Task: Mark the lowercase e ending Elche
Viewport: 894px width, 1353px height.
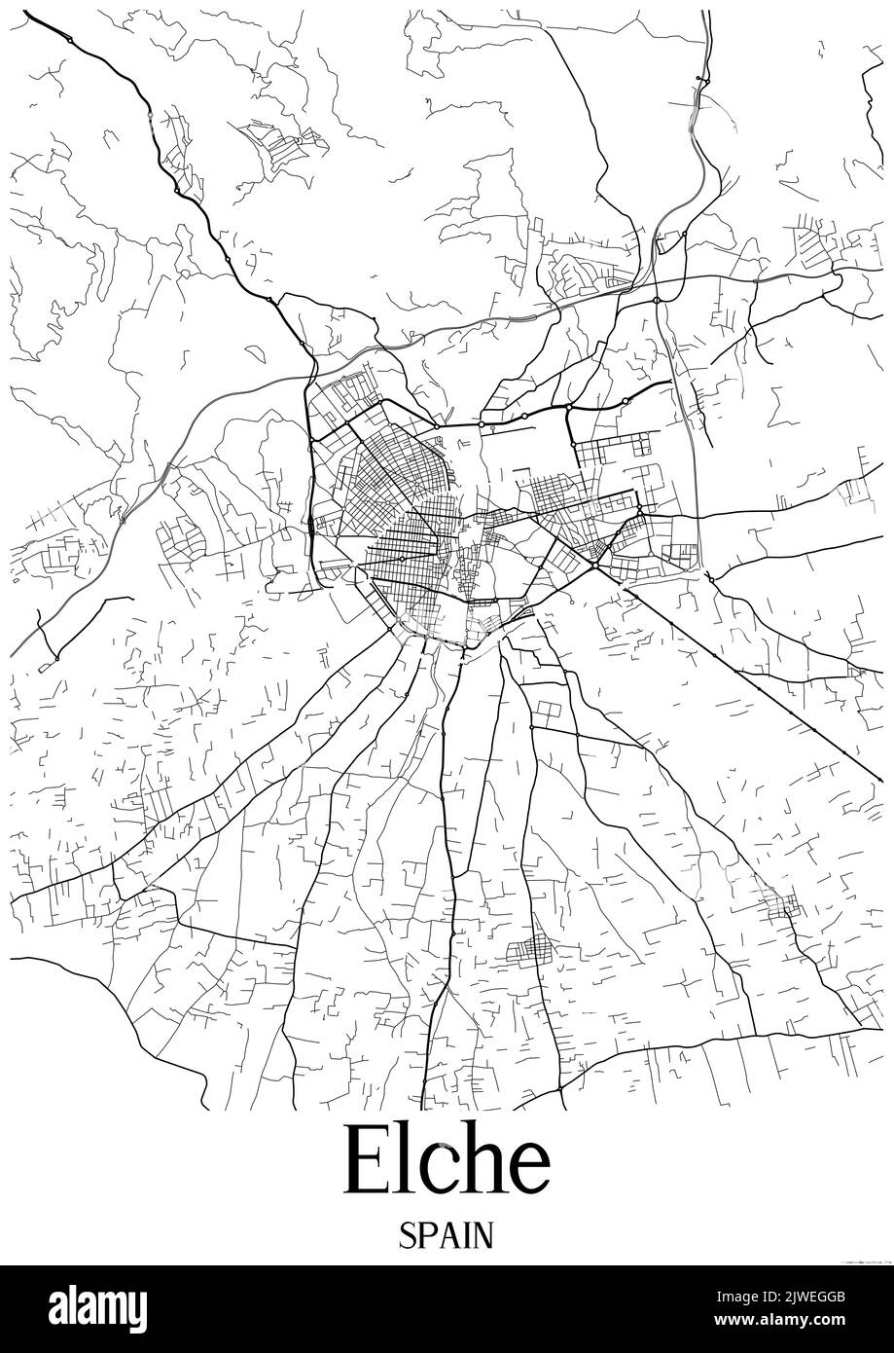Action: (528, 1172)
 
